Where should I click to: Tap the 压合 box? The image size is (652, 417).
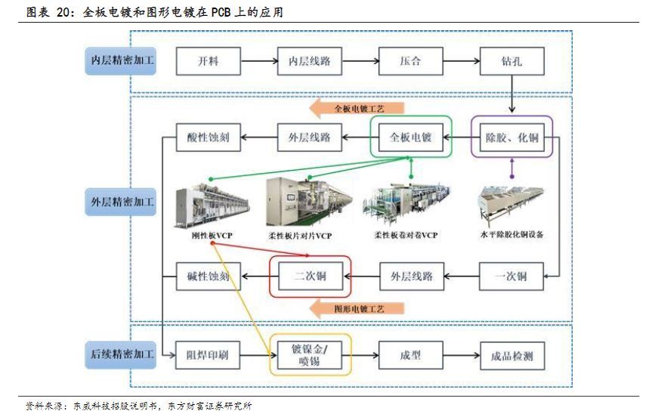(x=410, y=61)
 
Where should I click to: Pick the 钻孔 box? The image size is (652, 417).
(x=512, y=61)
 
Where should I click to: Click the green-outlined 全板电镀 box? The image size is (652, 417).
(x=410, y=137)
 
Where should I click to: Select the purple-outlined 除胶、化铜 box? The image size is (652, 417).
(x=511, y=137)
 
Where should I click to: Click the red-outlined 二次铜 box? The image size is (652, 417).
(x=311, y=276)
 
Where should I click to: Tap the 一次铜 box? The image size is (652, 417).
(x=511, y=276)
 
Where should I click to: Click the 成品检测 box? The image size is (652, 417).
(x=511, y=355)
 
